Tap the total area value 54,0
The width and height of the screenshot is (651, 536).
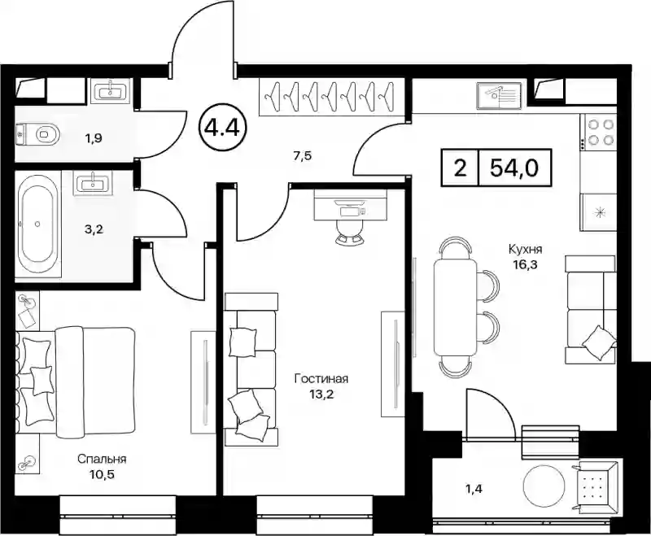(x=514, y=168)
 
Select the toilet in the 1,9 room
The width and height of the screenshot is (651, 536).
(x=38, y=134)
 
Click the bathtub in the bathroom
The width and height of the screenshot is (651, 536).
(x=37, y=224)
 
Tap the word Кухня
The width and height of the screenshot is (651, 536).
(x=526, y=250)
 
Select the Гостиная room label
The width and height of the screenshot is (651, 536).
(x=321, y=379)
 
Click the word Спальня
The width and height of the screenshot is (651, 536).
(x=102, y=460)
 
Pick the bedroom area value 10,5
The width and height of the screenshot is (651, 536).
(x=102, y=474)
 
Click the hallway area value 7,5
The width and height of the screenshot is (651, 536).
(x=302, y=156)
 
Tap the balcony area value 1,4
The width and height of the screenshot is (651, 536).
(x=474, y=489)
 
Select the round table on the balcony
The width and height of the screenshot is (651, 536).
(x=544, y=485)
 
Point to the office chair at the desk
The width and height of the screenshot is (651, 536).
(x=349, y=232)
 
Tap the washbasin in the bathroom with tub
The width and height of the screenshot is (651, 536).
(x=92, y=183)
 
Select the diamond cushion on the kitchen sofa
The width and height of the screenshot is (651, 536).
(x=599, y=342)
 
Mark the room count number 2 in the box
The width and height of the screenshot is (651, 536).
(x=460, y=168)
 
